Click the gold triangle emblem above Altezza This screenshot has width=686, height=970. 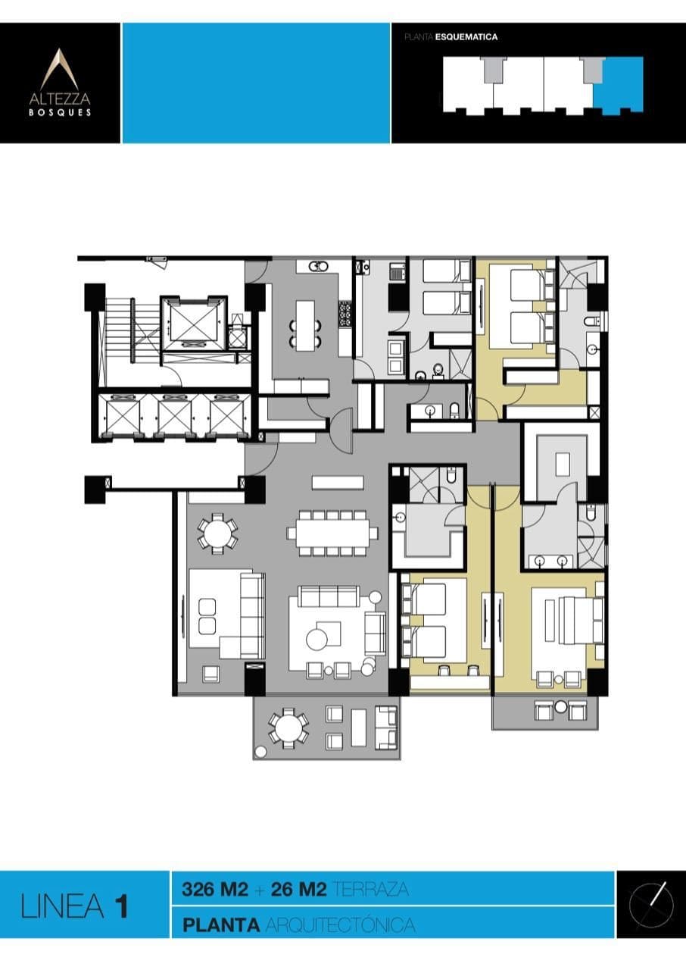coord(60,69)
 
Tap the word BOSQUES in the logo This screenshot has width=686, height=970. coord(60,112)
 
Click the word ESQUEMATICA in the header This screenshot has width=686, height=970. coord(472,36)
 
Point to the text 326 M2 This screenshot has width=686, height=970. coord(215,890)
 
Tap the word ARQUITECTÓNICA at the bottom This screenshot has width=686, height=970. coord(340,925)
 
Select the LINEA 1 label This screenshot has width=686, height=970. coord(75,906)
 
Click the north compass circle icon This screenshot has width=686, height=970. coord(651,903)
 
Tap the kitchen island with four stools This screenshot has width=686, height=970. coord(304,325)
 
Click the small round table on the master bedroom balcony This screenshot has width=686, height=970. coord(560,708)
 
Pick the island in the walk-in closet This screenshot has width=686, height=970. coord(561,463)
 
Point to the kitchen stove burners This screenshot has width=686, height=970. coord(345,314)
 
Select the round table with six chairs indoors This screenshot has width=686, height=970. coord(217,532)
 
